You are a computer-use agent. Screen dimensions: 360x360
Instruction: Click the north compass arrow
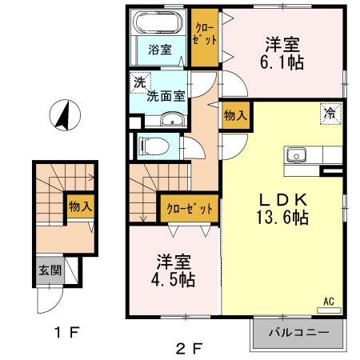click(x=62, y=116)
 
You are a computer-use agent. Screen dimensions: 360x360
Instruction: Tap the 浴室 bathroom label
click(x=160, y=50)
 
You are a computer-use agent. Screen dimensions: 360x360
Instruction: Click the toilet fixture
click(x=151, y=146)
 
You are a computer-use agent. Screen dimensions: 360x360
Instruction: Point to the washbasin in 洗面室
click(x=170, y=121)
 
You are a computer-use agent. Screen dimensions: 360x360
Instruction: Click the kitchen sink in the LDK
click(x=296, y=153)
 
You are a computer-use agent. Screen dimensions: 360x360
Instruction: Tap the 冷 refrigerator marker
click(x=329, y=114)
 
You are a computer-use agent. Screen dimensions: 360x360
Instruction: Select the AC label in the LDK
click(x=328, y=302)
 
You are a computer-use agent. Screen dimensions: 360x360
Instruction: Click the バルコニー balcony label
click(x=298, y=332)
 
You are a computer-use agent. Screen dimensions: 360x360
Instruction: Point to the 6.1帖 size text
click(x=283, y=62)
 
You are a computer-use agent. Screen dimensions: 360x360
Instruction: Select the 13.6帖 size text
click(x=283, y=217)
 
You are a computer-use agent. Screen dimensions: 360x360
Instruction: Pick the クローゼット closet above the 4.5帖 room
click(x=190, y=209)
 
